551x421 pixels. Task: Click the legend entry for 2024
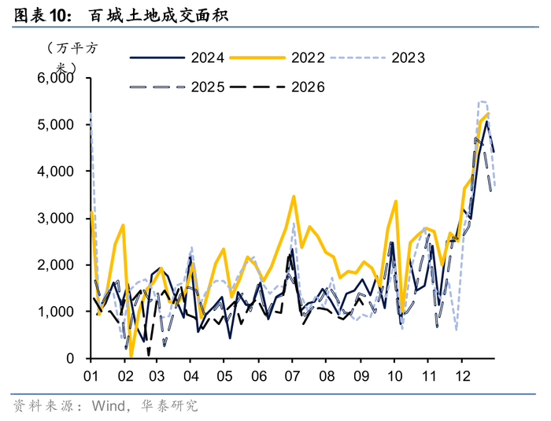[177, 57]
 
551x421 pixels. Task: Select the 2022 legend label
[308, 57]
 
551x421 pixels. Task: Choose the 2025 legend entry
[177, 87]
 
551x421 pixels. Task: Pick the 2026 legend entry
[277, 87]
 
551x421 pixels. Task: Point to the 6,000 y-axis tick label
[56, 78]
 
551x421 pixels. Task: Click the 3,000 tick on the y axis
[56, 218]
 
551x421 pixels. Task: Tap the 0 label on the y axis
[70, 359]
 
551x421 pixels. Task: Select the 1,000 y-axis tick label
[56, 312]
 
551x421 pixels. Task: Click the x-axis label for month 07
[292, 376]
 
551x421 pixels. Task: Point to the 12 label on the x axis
[463, 376]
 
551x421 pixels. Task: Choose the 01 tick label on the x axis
[91, 376]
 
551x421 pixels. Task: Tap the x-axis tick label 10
[394, 376]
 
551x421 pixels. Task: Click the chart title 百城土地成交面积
[158, 16]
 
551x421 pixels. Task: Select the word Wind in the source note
[109, 406]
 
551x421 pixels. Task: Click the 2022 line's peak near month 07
[294, 197]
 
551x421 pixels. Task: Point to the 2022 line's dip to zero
[131, 356]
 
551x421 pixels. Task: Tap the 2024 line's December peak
[486, 122]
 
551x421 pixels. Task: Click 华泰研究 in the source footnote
[169, 406]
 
